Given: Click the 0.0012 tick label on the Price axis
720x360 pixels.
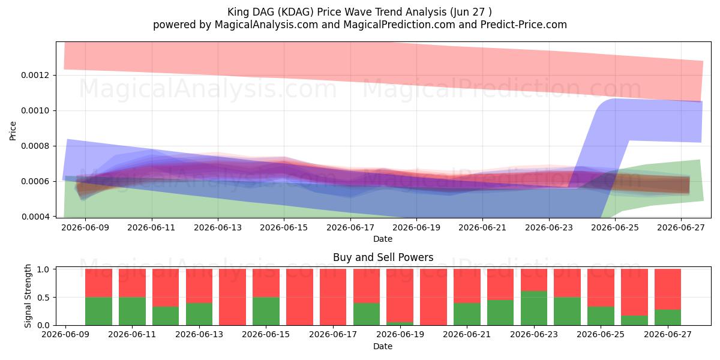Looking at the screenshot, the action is [35, 75].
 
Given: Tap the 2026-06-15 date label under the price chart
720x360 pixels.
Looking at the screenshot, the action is [284, 227].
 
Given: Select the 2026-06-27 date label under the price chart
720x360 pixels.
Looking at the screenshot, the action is [681, 227].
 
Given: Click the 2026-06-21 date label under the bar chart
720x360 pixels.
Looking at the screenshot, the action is [467, 334].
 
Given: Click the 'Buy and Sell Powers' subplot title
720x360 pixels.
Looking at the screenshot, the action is [383, 257].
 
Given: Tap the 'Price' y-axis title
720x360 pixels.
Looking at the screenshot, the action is [13, 131].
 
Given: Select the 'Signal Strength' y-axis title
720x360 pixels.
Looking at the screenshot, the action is [28, 296].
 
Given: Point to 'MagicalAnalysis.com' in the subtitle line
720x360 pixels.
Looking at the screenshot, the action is [266, 25].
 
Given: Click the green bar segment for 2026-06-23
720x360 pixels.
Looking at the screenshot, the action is [534, 308].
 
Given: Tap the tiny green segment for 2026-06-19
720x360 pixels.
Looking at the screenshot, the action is [400, 323].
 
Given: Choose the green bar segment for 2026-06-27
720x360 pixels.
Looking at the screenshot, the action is [668, 317].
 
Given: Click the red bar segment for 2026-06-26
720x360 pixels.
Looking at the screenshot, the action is [634, 292].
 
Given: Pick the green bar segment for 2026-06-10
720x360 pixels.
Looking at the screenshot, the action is [98, 311].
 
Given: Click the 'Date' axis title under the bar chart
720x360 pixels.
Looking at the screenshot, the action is [383, 346].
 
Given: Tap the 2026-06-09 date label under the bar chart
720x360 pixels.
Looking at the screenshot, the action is [65, 334].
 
